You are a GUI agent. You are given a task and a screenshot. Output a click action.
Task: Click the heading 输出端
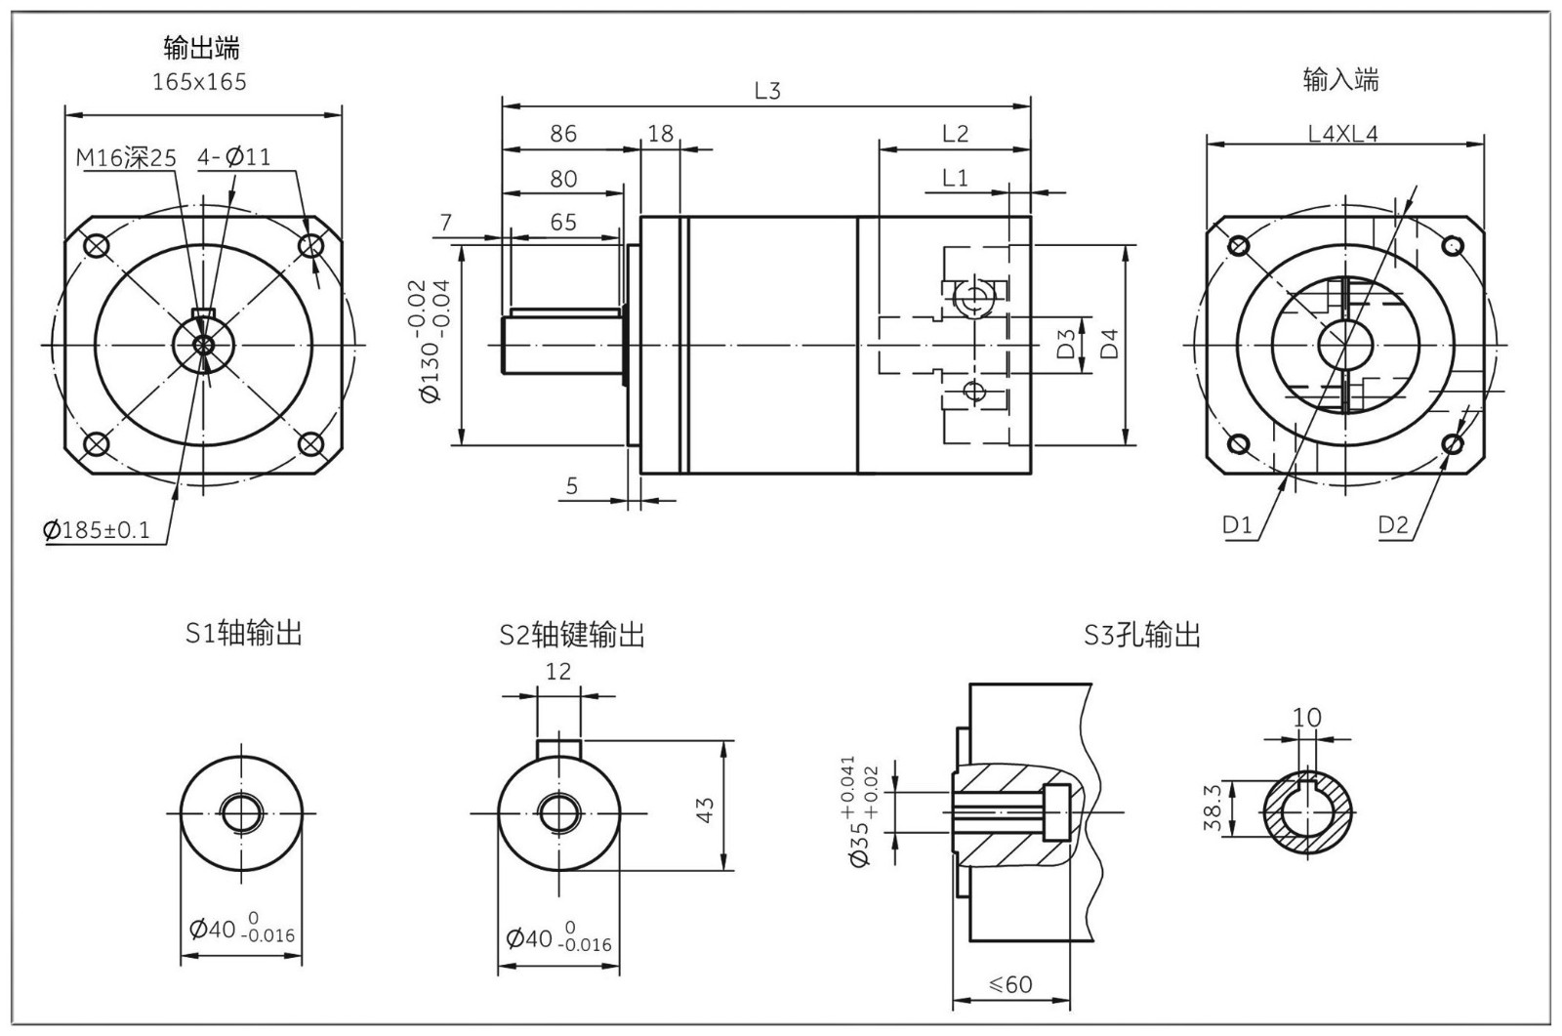click(x=201, y=47)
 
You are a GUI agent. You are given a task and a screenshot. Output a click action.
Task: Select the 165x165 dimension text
click(x=200, y=82)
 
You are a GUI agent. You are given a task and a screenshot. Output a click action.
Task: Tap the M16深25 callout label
click(x=126, y=157)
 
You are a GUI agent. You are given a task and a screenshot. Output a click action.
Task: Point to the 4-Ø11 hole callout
click(x=234, y=156)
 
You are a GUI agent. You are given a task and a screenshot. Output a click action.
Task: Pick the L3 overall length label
click(x=767, y=91)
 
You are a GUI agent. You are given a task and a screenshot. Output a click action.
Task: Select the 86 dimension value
click(x=563, y=134)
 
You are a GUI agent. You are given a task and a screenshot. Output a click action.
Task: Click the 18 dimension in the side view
click(x=661, y=134)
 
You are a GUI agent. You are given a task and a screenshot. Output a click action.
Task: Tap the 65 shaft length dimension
click(x=563, y=222)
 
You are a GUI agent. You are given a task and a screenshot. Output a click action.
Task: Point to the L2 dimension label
click(x=955, y=134)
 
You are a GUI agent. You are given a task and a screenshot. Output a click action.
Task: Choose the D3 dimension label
click(x=1066, y=344)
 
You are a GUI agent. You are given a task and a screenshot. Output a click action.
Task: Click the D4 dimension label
click(x=1109, y=344)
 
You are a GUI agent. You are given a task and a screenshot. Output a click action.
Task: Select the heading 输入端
click(x=1340, y=80)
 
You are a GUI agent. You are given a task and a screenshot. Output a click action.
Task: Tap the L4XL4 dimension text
click(x=1343, y=134)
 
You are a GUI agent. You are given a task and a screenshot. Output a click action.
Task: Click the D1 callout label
click(x=1237, y=524)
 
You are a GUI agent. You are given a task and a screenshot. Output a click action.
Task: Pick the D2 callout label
click(x=1393, y=524)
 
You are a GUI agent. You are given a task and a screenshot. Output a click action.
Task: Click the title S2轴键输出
click(x=572, y=636)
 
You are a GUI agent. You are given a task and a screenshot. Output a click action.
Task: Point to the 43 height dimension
click(x=705, y=808)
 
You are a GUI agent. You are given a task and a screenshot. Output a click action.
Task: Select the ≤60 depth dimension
click(x=1011, y=984)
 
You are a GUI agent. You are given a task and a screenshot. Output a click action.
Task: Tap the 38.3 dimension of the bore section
click(x=1213, y=808)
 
